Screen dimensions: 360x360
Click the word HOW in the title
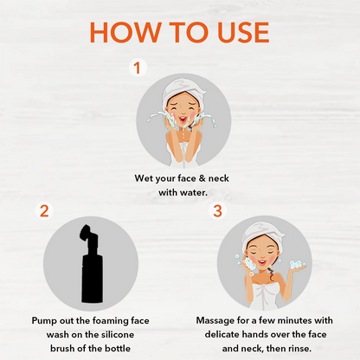coord(125,32)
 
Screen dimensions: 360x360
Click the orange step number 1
coord(137,68)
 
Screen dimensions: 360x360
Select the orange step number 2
coord(44,210)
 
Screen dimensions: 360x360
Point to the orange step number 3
coord(218,210)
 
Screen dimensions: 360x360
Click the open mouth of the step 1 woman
coord(183,119)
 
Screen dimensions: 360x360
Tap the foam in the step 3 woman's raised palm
coord(297,264)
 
